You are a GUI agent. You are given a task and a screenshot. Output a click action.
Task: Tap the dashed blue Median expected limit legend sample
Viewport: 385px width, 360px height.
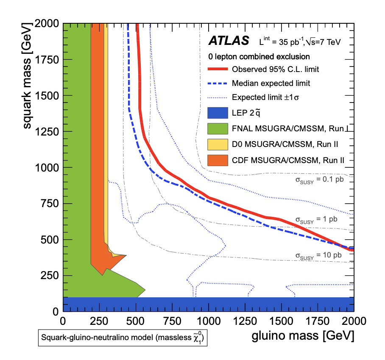(218, 83)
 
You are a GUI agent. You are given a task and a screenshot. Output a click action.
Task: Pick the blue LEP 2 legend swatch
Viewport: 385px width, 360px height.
(218, 113)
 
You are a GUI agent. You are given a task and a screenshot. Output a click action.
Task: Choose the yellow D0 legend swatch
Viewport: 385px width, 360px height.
(218, 144)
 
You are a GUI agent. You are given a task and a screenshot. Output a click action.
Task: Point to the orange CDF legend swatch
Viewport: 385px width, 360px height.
(218, 160)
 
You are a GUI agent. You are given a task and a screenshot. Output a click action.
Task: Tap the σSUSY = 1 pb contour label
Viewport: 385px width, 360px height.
(317, 219)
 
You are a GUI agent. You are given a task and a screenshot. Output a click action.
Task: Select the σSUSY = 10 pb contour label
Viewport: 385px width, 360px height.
(318, 255)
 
